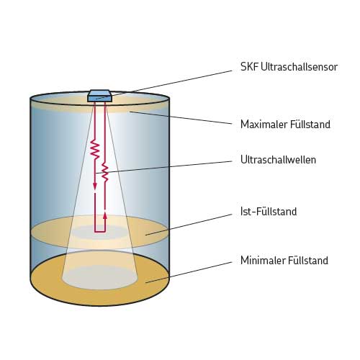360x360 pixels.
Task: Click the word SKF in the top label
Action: coord(249,67)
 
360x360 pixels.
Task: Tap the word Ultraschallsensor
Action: coord(299,67)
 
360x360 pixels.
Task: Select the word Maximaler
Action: coord(264,125)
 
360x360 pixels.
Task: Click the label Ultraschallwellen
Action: coord(278,160)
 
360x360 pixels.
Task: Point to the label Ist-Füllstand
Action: coord(269,212)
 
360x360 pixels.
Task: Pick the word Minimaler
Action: coord(263,260)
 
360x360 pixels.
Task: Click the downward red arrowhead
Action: coord(95,186)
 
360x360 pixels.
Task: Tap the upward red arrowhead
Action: coord(105,215)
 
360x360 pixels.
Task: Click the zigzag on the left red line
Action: coord(95,150)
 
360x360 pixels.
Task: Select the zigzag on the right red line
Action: coord(105,172)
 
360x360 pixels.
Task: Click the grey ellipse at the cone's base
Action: coord(100,277)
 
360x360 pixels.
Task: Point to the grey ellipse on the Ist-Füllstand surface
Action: coord(99,233)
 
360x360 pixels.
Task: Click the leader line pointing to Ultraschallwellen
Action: coord(164,167)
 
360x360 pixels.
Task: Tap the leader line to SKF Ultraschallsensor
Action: coord(164,84)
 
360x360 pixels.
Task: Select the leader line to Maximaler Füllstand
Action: coord(181,118)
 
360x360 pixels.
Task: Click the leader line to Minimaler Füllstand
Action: coord(189,272)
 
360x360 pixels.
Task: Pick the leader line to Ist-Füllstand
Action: coord(189,225)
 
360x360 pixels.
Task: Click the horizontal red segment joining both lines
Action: coord(100,232)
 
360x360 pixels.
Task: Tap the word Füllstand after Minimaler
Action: coord(308,260)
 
